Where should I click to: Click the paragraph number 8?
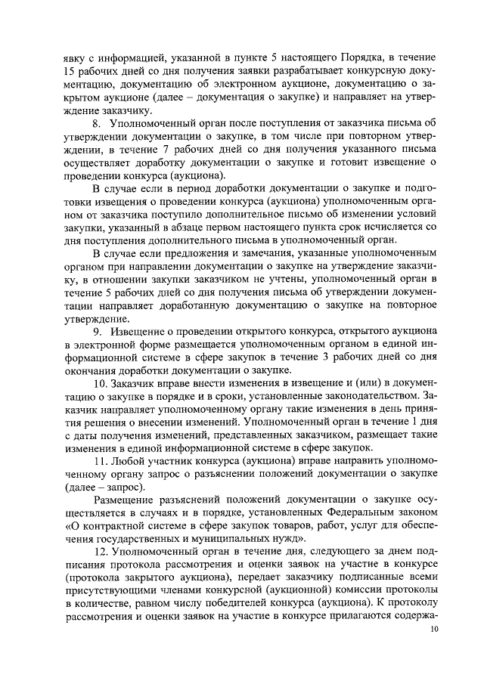(x=96, y=122)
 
